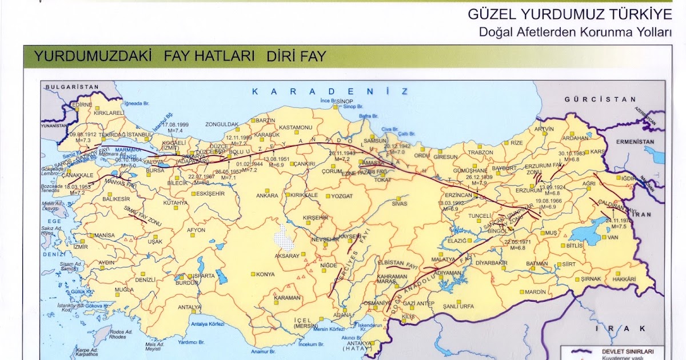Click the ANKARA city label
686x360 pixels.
pyautogui.click(x=267, y=195)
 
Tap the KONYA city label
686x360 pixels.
pyautogui.click(x=265, y=274)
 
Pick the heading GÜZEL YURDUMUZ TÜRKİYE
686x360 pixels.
pyautogui.click(x=569, y=14)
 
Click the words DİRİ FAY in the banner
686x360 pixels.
pyautogui.click(x=296, y=57)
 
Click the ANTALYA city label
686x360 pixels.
pyautogui.click(x=189, y=307)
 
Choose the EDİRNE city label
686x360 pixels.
pyautogui.click(x=82, y=105)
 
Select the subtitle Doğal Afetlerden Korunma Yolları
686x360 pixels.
pyautogui.click(x=575, y=33)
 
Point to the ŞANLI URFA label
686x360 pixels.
pyautogui.click(x=458, y=306)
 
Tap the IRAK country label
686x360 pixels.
pyautogui.click(x=620, y=329)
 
